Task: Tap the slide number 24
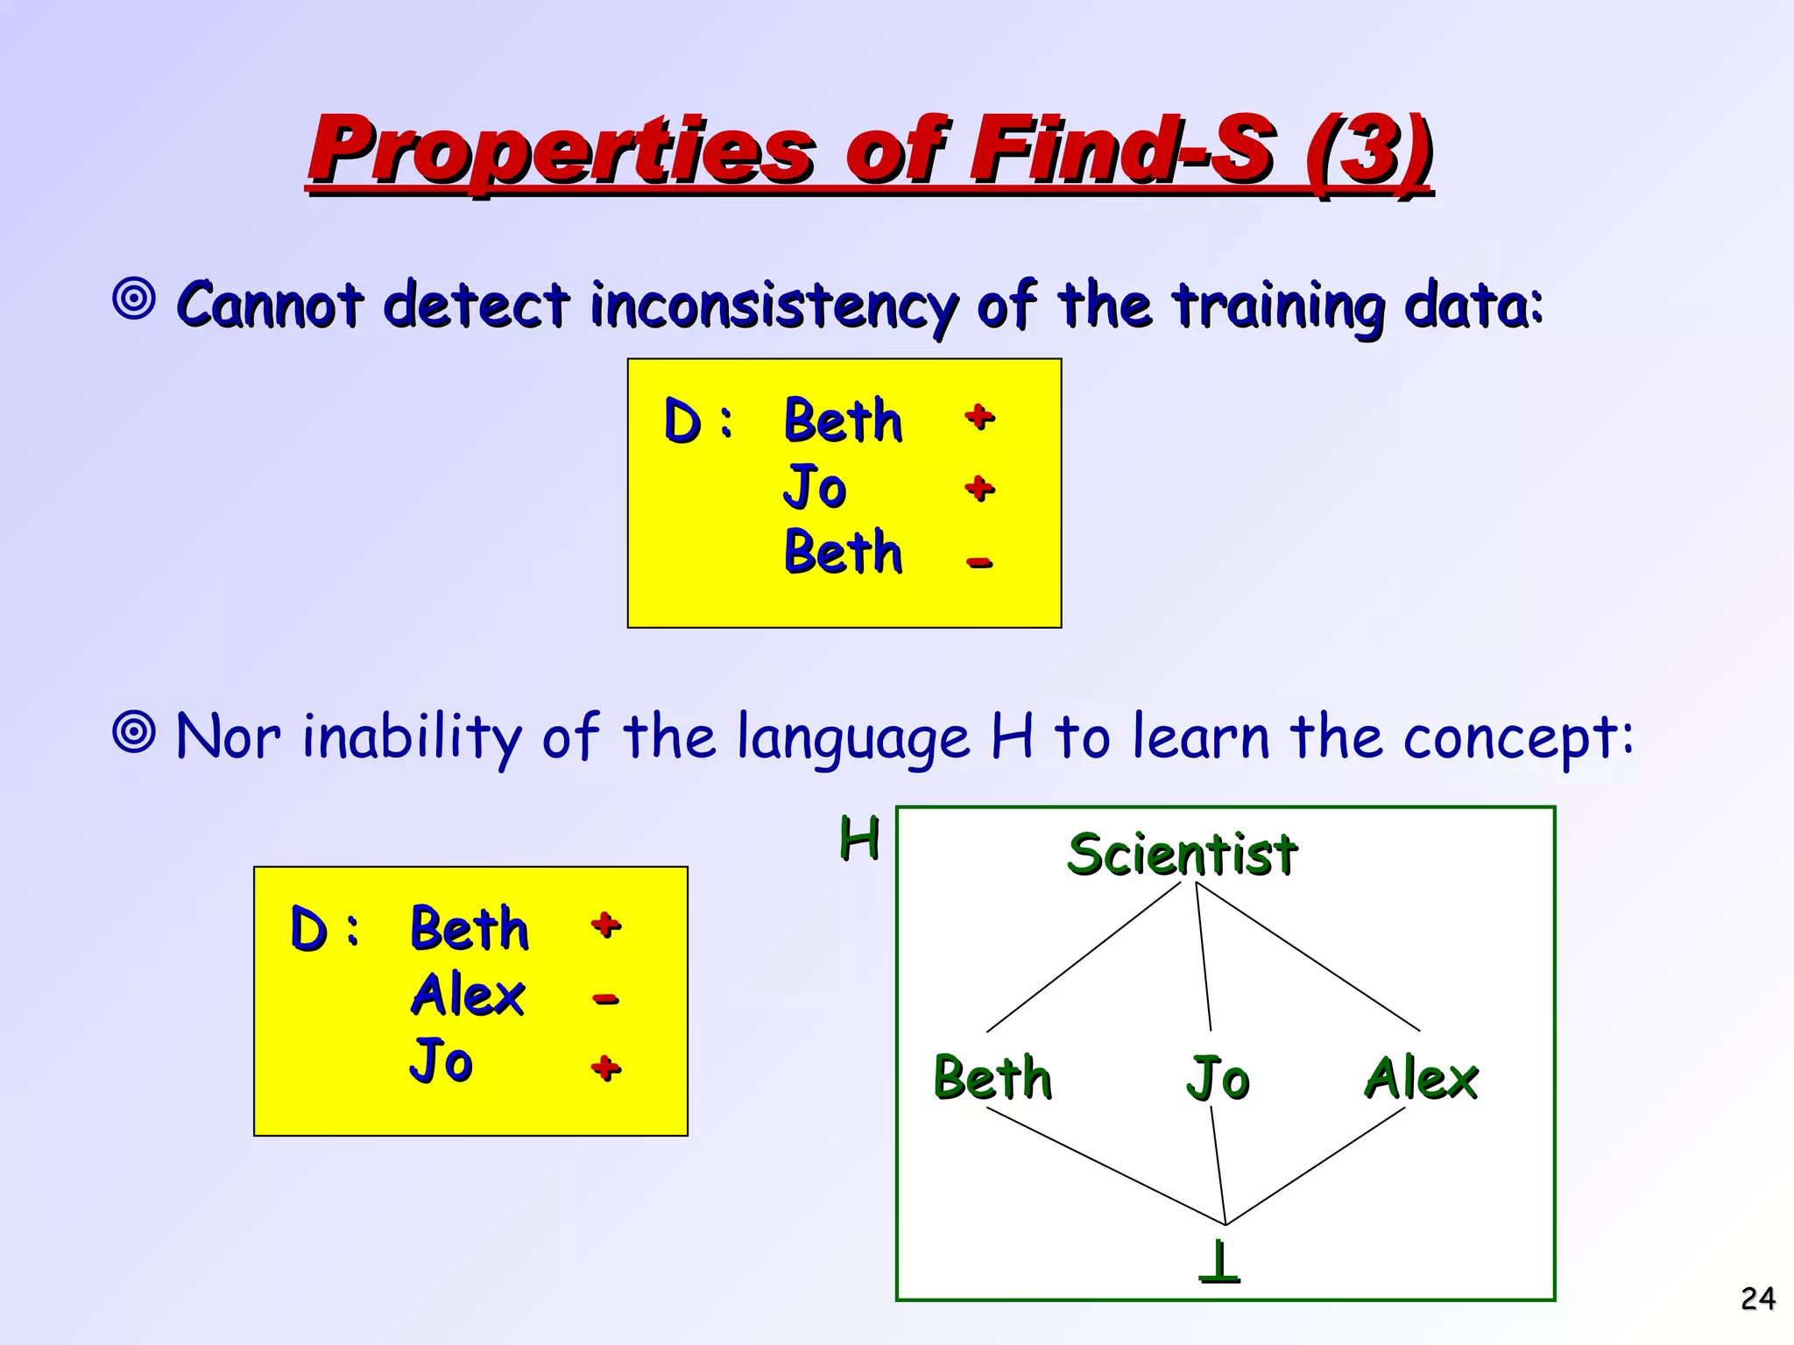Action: pos(1757,1299)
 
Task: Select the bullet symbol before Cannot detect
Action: pos(134,299)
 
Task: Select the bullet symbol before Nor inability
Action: pos(134,731)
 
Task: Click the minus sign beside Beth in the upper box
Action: pos(979,562)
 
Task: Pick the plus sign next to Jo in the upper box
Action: pos(979,488)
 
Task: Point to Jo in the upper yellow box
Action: pos(815,487)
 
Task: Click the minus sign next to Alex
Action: pos(605,998)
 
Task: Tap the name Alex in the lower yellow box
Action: pos(468,996)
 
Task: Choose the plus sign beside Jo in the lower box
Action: pos(605,1067)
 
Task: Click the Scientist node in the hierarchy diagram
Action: pos(1182,855)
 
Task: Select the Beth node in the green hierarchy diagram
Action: pos(992,1078)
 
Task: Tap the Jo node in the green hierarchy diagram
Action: pos(1218,1078)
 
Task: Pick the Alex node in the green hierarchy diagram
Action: pos(1421,1078)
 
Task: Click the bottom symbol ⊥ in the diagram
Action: pos(1218,1262)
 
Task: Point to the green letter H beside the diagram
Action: pos(858,838)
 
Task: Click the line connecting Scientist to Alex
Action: pos(1308,956)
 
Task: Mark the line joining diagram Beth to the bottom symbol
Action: pos(1105,1166)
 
